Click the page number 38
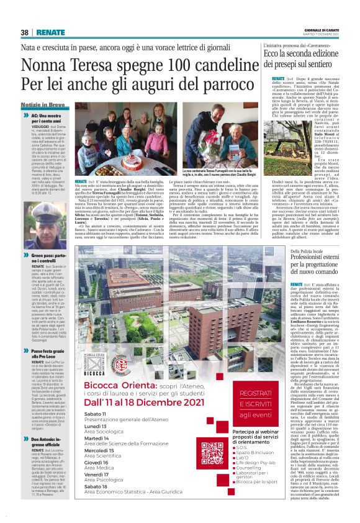[x=25, y=32]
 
